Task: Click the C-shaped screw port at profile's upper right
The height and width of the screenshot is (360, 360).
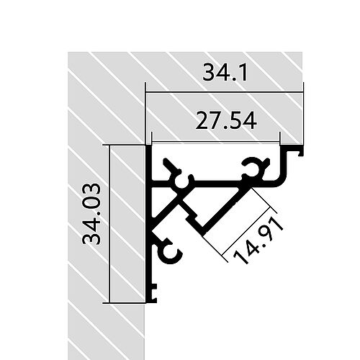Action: pos(252,168)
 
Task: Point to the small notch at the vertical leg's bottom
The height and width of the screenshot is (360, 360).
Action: pos(153,293)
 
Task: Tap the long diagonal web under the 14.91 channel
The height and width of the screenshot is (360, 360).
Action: pos(223,210)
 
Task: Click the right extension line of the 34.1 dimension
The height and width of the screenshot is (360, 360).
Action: pos(303,115)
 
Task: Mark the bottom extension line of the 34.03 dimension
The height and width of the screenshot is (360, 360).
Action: pos(126,303)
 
